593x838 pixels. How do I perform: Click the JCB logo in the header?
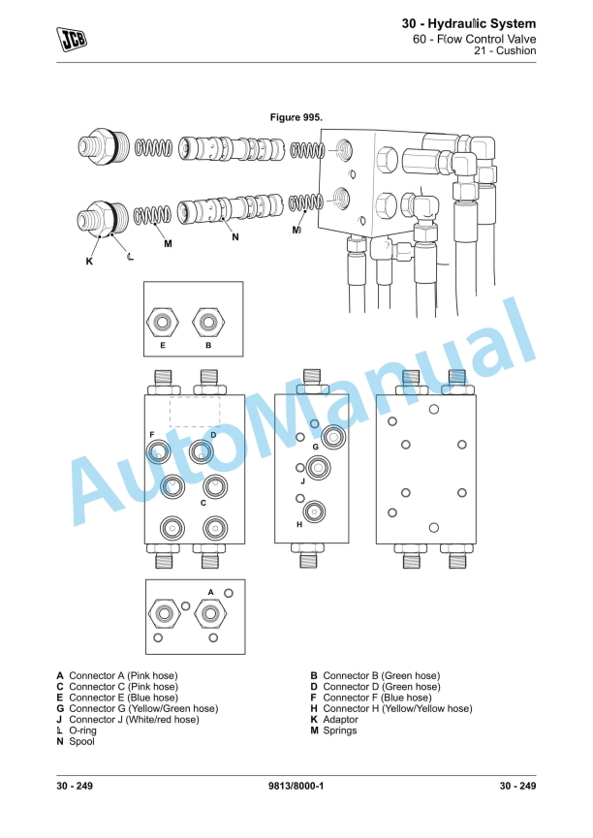(x=71, y=37)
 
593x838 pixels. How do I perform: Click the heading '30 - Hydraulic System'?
(x=469, y=23)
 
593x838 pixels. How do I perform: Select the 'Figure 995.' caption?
(x=296, y=116)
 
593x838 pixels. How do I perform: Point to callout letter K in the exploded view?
(x=89, y=261)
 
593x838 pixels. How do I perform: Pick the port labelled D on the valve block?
(x=203, y=450)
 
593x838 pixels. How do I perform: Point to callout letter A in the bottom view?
(x=210, y=591)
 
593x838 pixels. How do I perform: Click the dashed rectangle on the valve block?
(x=195, y=410)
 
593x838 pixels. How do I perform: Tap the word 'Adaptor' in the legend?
(x=340, y=720)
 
